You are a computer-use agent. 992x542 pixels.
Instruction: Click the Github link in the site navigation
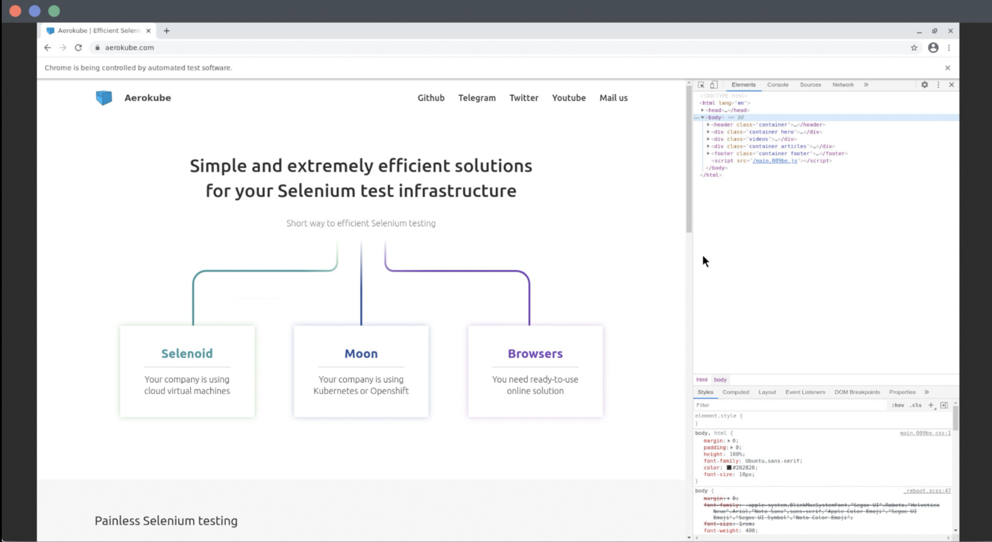(x=430, y=98)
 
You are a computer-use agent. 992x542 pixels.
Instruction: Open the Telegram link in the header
(x=477, y=98)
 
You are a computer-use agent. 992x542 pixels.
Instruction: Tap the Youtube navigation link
(x=568, y=98)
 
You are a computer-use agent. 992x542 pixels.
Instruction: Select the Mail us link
(x=613, y=98)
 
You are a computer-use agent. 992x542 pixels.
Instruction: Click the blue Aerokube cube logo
(x=104, y=98)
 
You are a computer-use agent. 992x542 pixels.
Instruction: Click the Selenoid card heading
(x=187, y=353)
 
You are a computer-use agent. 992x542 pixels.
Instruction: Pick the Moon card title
(x=361, y=353)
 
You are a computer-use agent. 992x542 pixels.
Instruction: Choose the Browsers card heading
(x=535, y=353)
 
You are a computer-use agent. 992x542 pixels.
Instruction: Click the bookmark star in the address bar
(x=914, y=48)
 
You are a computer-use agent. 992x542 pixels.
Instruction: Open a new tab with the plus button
(x=166, y=31)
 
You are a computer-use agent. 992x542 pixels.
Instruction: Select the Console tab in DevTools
(x=777, y=85)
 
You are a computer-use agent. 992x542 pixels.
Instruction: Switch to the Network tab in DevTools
(x=842, y=85)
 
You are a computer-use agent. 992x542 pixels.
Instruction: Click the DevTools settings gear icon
(x=924, y=85)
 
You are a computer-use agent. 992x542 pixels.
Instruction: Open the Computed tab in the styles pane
(x=736, y=392)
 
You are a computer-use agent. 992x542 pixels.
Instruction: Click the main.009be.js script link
(x=775, y=161)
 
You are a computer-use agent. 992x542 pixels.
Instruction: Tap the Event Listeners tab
(x=805, y=392)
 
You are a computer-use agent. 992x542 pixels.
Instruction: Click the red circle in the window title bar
(x=16, y=11)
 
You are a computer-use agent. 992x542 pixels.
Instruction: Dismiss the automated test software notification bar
(x=947, y=68)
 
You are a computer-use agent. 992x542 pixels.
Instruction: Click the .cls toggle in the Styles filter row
(x=915, y=405)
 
